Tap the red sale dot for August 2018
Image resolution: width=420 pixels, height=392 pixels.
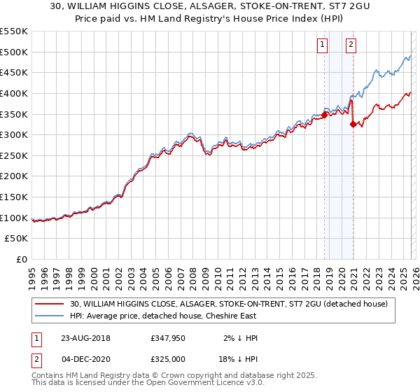(x=325, y=115)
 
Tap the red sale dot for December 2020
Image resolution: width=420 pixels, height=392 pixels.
(x=353, y=124)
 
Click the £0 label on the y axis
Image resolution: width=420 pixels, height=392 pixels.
(x=22, y=260)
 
